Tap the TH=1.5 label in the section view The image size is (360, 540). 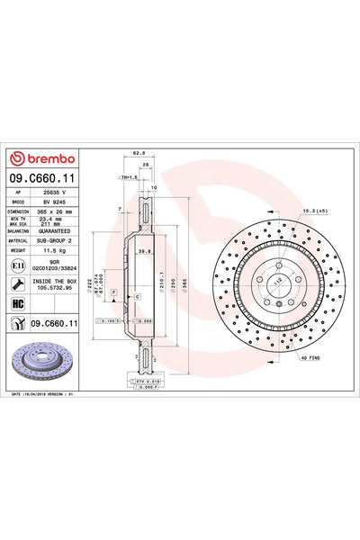click(x=129, y=176)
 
